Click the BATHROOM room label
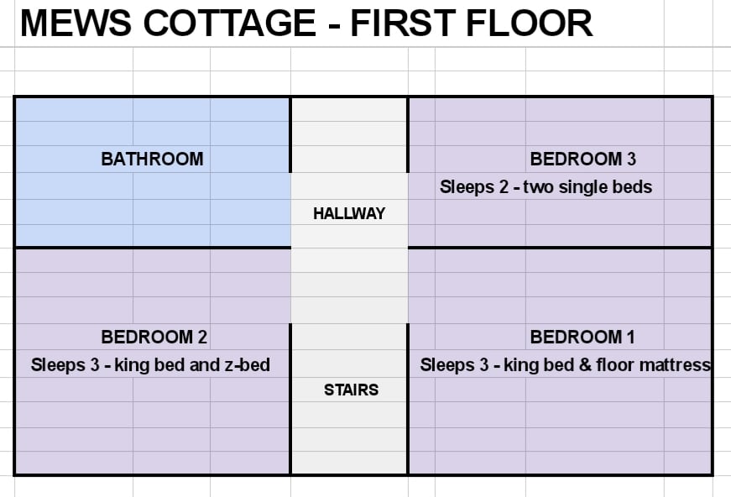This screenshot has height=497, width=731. coord(152,159)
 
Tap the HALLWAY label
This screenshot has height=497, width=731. coord(349,213)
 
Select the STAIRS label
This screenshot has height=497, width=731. coord(351,390)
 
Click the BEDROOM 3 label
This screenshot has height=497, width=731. coord(582,159)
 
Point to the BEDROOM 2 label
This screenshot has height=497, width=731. coord(154,337)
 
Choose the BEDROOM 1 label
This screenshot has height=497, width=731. coord(582,337)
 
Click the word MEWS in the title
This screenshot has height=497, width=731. coord(76,23)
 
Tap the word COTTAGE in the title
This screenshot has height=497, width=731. coord(229,23)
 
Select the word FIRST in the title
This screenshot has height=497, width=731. coord(403,23)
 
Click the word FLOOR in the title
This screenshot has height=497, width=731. coord(530,23)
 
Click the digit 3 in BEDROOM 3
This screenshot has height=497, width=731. coord(631,159)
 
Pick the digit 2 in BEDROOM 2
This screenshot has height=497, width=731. coord(202,337)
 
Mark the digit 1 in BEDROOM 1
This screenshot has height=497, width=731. coord(631,337)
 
